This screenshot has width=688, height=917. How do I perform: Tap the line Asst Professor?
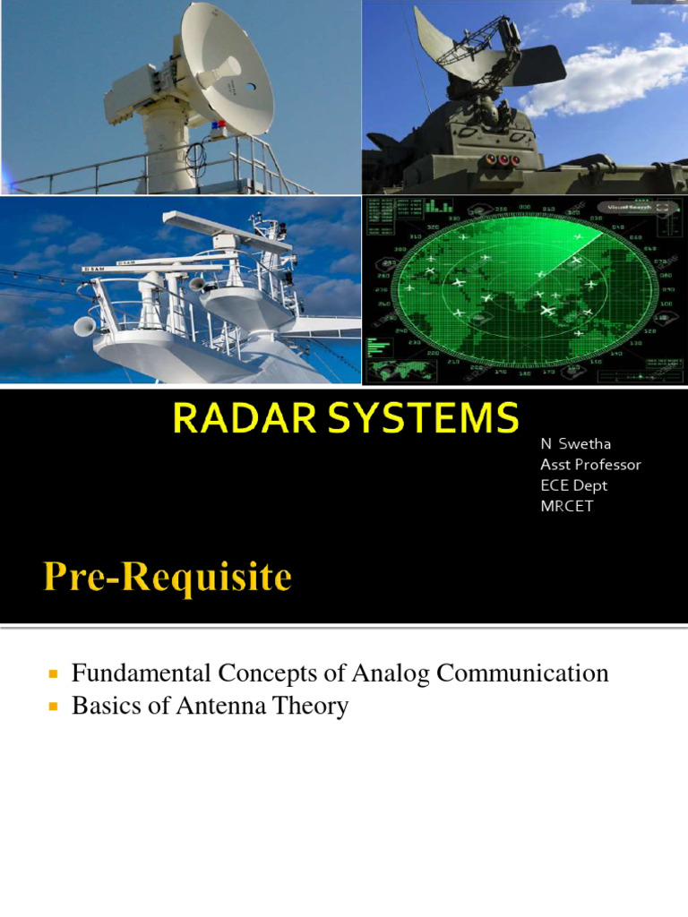[x=590, y=465]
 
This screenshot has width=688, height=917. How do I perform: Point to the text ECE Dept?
[x=573, y=485]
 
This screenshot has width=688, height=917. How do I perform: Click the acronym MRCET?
[x=566, y=506]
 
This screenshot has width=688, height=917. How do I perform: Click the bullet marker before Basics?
[x=53, y=707]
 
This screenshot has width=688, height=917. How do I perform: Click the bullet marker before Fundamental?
[x=53, y=673]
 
